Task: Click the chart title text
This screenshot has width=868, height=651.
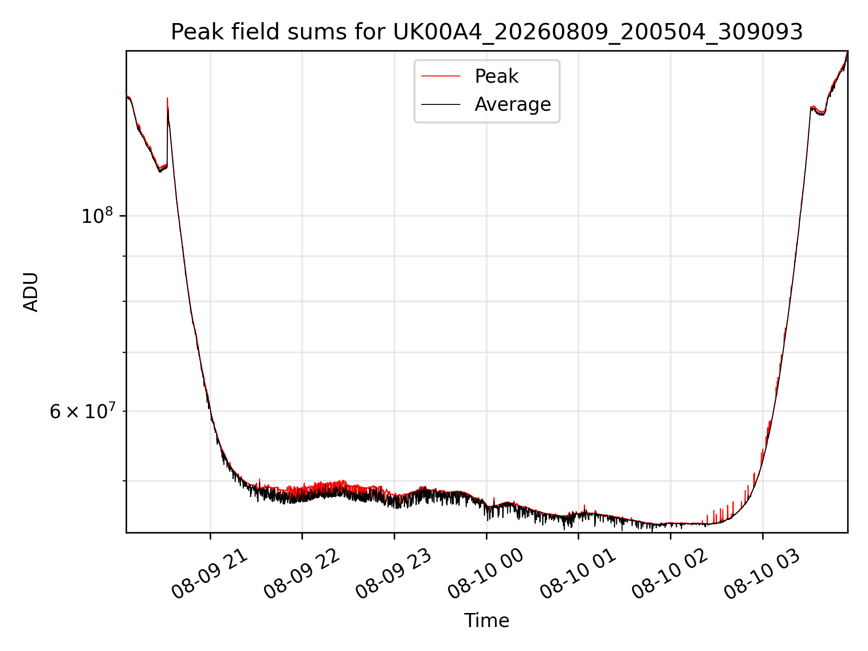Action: [487, 32]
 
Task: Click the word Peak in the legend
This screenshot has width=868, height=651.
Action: [496, 76]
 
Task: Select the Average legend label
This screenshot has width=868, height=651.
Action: [513, 104]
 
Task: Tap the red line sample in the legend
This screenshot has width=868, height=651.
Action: [441, 76]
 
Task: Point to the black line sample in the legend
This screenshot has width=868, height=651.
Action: [441, 104]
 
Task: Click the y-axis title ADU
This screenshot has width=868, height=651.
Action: [31, 292]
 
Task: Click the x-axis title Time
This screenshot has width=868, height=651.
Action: [486, 621]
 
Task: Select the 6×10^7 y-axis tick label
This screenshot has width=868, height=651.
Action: [82, 411]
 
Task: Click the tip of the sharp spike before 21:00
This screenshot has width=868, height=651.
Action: [167, 98]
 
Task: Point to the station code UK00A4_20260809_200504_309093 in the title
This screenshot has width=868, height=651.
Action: [598, 33]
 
